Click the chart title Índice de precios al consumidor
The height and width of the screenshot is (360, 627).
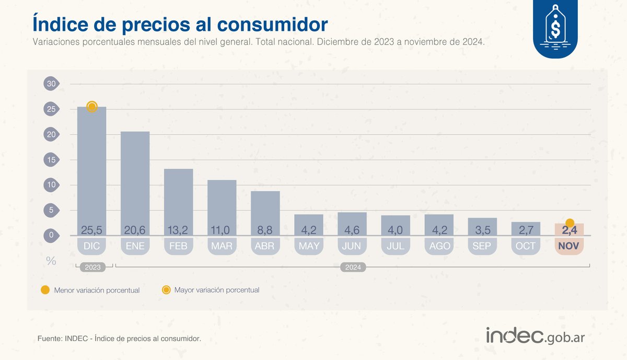pos(180,24)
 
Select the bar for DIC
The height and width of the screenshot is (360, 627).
pos(91,167)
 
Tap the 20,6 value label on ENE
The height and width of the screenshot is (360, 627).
pos(135,230)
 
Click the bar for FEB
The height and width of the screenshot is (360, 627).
pos(178,199)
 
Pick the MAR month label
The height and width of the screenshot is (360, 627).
pos(222,246)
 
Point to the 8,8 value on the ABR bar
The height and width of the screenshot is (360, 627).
pos(265,230)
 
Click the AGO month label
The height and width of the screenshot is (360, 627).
pos(438,246)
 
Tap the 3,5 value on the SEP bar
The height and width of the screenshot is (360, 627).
pos(482,230)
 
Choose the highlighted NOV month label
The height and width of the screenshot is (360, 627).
pos(568,246)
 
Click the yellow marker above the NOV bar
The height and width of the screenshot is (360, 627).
pos(570,223)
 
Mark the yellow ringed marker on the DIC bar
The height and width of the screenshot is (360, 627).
pos(92,107)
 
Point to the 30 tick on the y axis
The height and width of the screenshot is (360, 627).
pos(51,84)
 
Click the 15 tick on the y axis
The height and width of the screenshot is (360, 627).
pos(51,160)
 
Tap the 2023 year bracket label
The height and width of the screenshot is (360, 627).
pos(91,267)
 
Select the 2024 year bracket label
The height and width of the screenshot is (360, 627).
pos(353,267)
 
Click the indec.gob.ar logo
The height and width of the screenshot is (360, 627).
pos(536,336)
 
